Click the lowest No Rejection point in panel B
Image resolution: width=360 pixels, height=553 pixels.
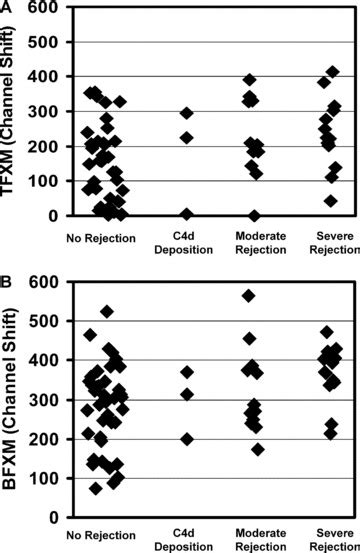point(96,488)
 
